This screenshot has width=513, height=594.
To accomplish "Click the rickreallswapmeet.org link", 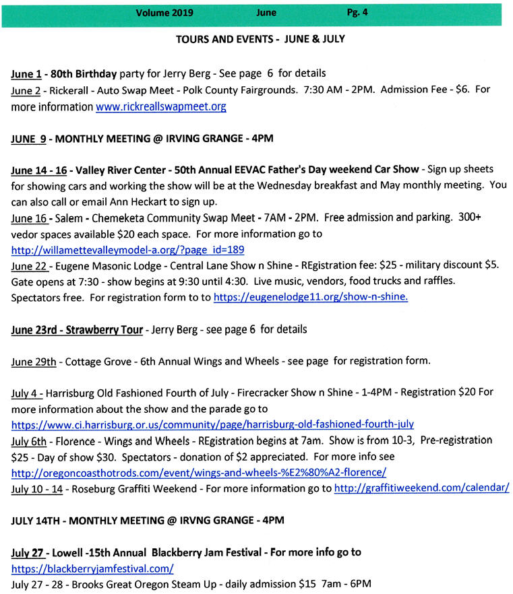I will [x=161, y=106].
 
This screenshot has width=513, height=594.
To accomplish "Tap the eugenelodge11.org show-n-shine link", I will [x=310, y=296].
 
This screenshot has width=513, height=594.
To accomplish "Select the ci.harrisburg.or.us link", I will [x=212, y=424].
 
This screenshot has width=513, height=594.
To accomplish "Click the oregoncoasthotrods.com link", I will [x=199, y=472].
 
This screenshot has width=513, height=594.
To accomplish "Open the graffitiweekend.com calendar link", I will [x=421, y=488].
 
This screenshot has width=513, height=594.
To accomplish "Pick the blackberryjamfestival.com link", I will [x=92, y=568].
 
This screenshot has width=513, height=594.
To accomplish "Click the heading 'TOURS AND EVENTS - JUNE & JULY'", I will [x=260, y=39].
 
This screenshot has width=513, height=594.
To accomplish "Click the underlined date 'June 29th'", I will [x=34, y=361].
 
